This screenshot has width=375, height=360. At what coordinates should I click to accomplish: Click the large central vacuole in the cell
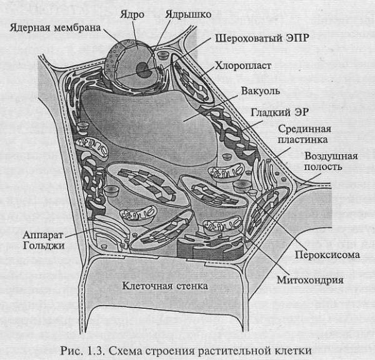[156, 122]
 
